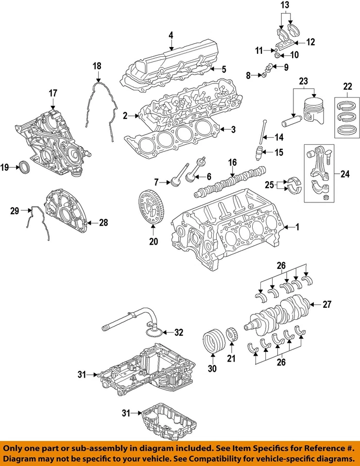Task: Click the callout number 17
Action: pos(52,92)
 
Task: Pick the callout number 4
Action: pos(171,35)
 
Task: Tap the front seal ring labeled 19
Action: pos(24,168)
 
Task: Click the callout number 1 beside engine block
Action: pos(298,227)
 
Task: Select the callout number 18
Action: pos(97,66)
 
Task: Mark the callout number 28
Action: pos(103,223)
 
